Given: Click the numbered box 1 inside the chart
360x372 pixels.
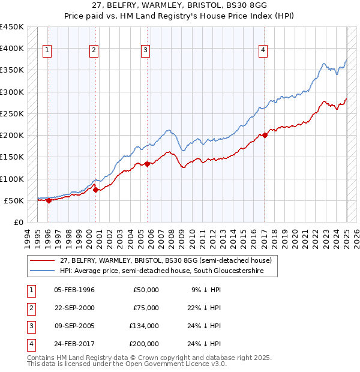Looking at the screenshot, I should click(47, 51).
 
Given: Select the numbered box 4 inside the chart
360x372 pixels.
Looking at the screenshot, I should click(263, 51).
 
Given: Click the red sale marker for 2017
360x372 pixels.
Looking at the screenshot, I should click(265, 135).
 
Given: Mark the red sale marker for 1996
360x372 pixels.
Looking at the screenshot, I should click(49, 200).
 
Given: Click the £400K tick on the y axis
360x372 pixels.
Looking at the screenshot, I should click(12, 49).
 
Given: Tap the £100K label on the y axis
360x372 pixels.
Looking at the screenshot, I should click(12, 179).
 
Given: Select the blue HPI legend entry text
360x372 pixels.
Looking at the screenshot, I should click(170, 271).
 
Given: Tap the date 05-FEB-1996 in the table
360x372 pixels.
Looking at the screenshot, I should click(74, 290).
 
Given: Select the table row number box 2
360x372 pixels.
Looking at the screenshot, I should click(29, 308).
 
